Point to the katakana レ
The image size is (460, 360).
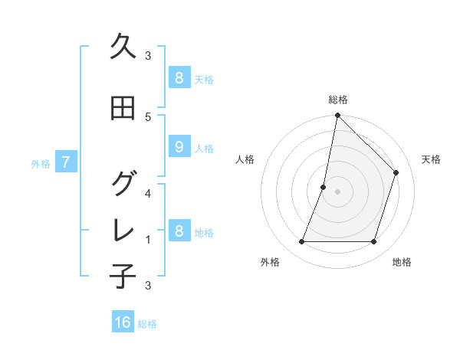click(123, 231)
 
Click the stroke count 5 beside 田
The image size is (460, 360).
click(148, 117)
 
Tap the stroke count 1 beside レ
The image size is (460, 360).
click(148, 240)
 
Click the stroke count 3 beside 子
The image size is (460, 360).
click(148, 286)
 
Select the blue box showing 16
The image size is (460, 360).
click(123, 322)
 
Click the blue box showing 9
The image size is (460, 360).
click(179, 147)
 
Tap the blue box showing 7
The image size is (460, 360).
click(66, 162)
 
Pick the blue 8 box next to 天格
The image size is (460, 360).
click(179, 77)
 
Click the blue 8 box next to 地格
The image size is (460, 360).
click(179, 231)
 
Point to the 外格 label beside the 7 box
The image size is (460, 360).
click(41, 163)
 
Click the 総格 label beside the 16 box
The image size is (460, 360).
click(147, 324)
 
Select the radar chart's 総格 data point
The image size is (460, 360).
click(337, 116)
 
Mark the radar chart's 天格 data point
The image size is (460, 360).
click(396, 172)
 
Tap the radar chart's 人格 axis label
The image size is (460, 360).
click(245, 159)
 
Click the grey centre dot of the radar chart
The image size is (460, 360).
click(337, 191)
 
